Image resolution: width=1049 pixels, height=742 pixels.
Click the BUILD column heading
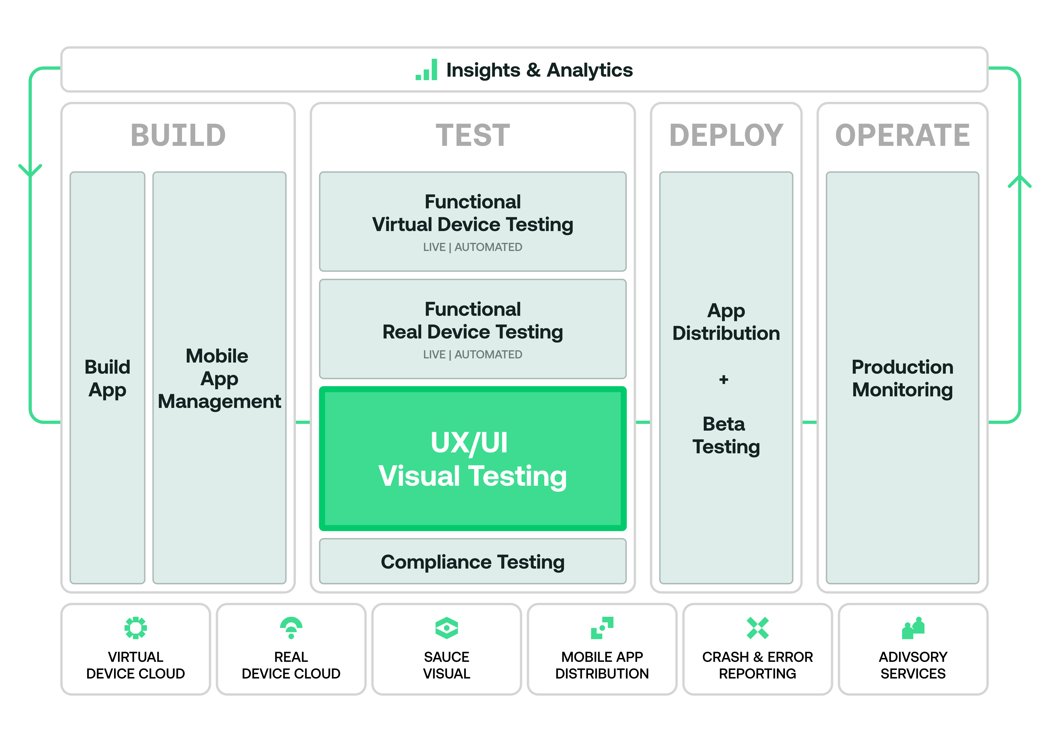tap(178, 135)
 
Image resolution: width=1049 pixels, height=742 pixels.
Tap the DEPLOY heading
tap(726, 135)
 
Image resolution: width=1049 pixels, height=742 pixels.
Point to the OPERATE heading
tap(902, 135)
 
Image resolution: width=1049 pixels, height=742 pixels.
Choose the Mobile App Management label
tap(219, 379)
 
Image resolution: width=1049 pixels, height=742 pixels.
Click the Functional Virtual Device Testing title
tap(472, 213)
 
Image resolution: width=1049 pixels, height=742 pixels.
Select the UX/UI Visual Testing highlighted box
tap(472, 459)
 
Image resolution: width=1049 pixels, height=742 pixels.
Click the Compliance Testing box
tap(472, 561)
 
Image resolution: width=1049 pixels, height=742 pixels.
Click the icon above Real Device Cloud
tap(291, 628)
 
